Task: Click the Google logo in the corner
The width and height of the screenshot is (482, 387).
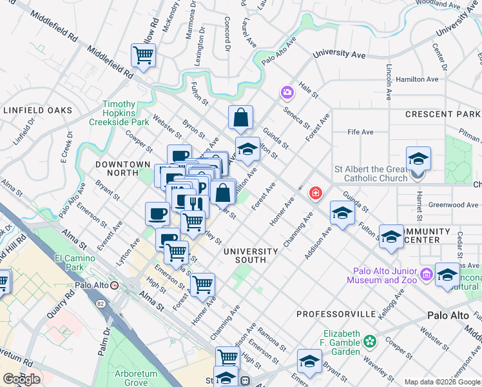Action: (x=21, y=379)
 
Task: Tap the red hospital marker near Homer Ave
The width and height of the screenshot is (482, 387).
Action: (x=315, y=193)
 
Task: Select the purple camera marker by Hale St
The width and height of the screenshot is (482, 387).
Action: (x=286, y=93)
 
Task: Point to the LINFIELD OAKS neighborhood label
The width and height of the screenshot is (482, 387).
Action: (x=38, y=110)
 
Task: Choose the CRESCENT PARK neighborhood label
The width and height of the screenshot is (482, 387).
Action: (x=442, y=114)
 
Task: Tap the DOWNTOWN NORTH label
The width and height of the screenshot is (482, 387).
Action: (x=122, y=169)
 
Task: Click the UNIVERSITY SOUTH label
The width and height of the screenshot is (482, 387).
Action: (x=250, y=255)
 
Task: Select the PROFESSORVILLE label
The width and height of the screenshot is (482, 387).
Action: (x=336, y=314)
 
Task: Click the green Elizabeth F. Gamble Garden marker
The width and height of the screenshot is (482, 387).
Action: (x=370, y=340)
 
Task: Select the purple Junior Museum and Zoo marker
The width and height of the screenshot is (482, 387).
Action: (x=425, y=275)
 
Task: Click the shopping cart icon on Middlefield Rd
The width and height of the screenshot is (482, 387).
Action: (x=143, y=55)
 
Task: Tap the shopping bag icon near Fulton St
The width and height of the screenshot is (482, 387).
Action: (x=240, y=117)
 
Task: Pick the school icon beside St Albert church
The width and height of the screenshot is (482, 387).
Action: (x=418, y=158)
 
